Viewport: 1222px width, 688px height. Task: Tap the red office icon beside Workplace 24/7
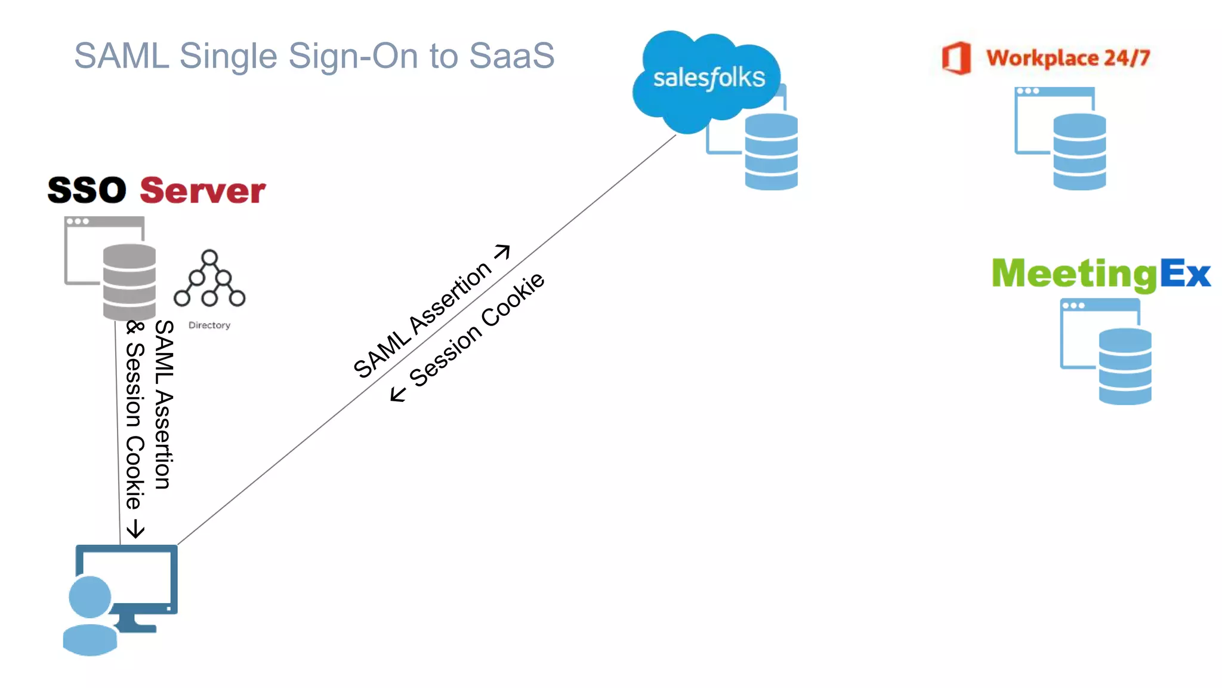click(956, 58)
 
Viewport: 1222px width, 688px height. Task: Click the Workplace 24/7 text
click(1067, 58)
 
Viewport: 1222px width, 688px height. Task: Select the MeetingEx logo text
click(1101, 274)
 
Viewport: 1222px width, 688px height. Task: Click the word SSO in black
click(87, 191)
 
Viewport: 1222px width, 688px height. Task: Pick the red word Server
click(203, 191)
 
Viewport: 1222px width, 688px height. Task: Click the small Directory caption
click(209, 325)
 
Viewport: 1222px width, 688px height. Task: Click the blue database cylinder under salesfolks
click(771, 152)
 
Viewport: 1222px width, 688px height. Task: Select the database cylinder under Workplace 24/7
click(1079, 152)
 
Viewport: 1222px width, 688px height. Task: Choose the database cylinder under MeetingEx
click(1125, 366)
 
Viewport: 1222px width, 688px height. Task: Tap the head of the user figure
click(90, 596)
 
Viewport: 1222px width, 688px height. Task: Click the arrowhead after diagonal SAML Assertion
click(503, 251)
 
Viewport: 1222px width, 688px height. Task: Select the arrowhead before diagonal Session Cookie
click(397, 394)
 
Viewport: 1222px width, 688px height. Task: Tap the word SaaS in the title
click(511, 56)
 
